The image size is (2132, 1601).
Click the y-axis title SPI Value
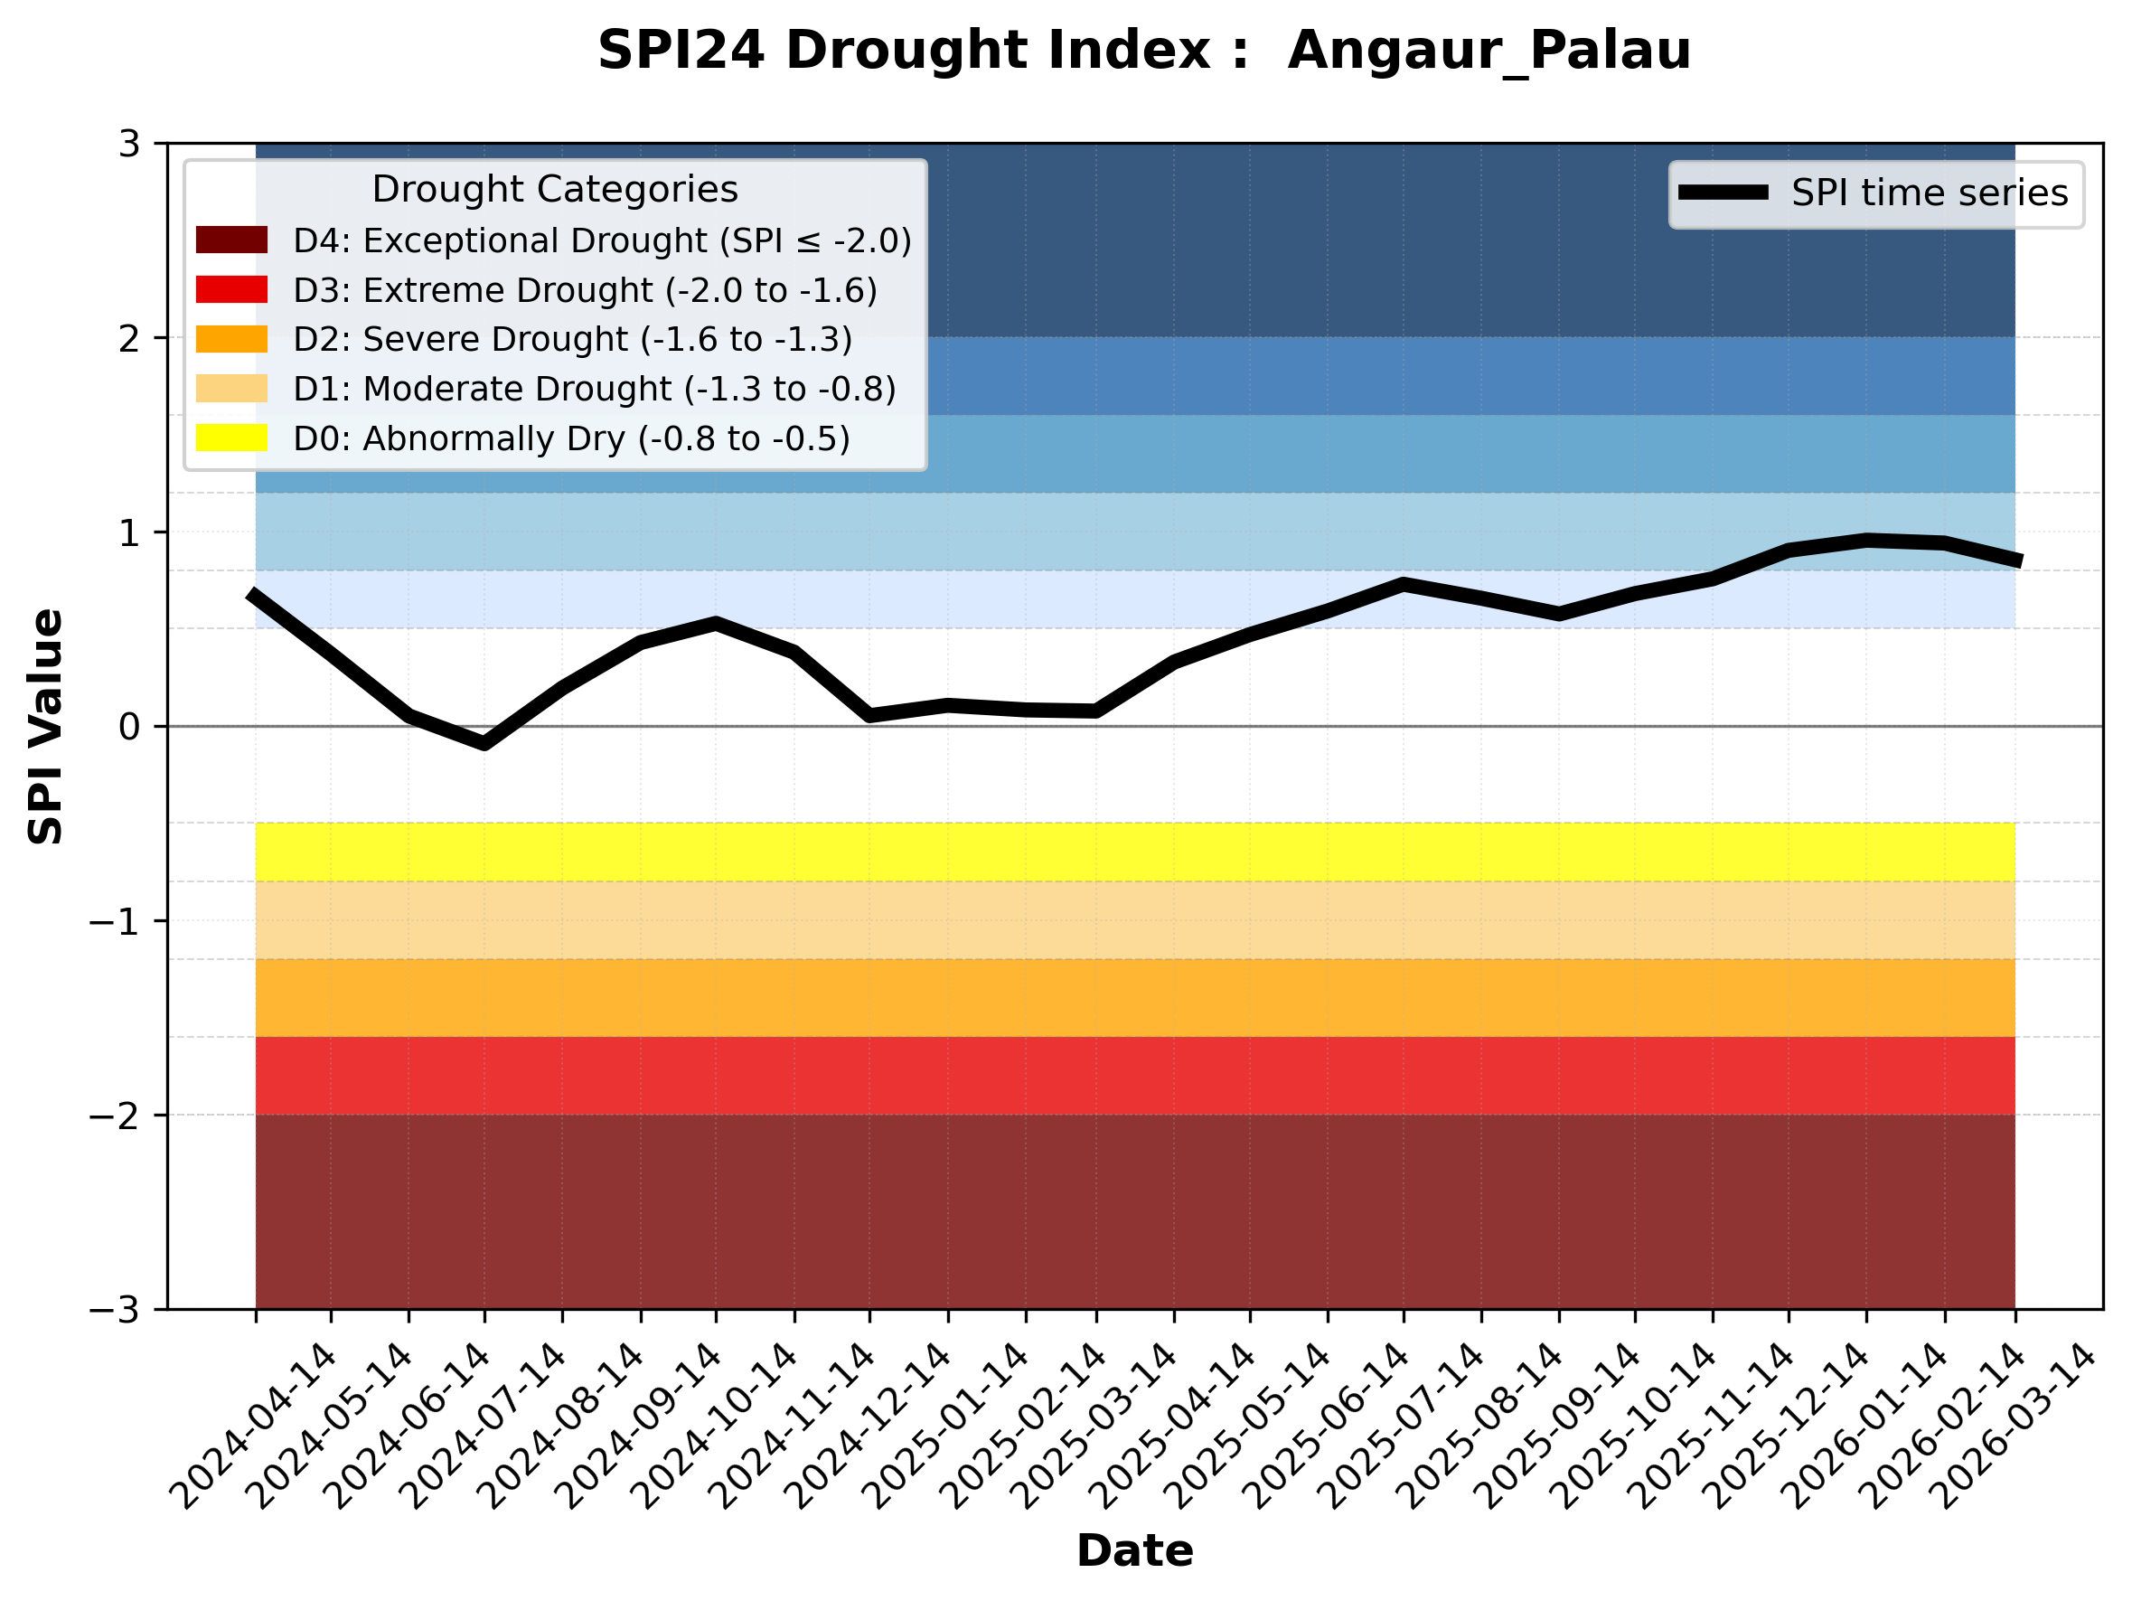tap(45, 727)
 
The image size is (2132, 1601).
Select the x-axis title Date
tap(1134, 1551)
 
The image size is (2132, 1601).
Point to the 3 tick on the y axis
tap(129, 145)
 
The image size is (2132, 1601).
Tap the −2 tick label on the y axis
tap(115, 1116)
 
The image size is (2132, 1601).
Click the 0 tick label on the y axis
tap(129, 727)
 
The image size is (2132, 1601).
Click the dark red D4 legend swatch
tap(231, 240)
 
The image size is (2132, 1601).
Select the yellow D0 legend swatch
tap(231, 438)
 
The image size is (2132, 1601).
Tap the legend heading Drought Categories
tap(554, 189)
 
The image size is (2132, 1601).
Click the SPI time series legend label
tap(1930, 193)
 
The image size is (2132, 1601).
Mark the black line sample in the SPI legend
tap(1723, 193)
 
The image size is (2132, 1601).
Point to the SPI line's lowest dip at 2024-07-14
tap(484, 744)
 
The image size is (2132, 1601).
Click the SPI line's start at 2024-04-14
tap(252, 594)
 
